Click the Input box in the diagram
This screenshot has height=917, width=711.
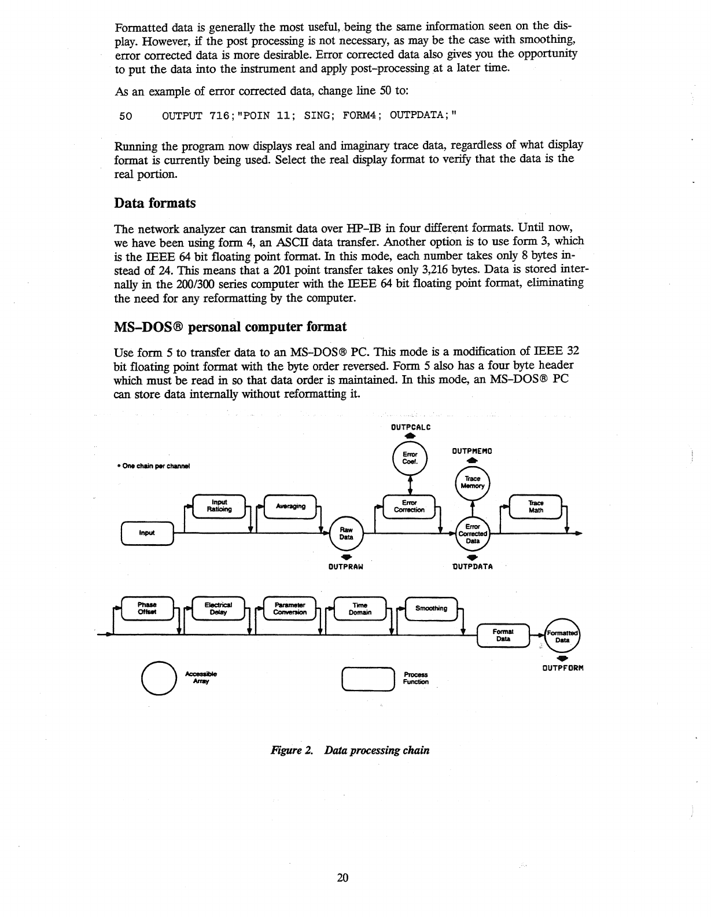(x=148, y=533)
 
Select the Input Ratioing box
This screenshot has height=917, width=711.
(x=219, y=506)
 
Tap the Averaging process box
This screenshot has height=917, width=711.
(x=290, y=506)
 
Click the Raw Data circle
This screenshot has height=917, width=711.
(x=346, y=533)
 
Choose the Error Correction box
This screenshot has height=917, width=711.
(x=409, y=506)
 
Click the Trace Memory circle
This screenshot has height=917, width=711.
(x=473, y=483)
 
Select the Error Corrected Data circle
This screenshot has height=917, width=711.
(x=473, y=533)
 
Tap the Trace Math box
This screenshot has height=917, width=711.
(x=536, y=506)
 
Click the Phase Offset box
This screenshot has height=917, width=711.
(x=148, y=608)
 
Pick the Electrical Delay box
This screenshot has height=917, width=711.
(x=219, y=608)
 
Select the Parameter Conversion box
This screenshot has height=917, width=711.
(x=290, y=608)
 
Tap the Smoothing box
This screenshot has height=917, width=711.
(x=431, y=608)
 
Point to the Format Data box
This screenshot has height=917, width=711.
(x=503, y=635)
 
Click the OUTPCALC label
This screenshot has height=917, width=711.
(x=410, y=427)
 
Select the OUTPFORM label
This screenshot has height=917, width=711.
(x=562, y=667)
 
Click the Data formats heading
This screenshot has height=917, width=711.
(x=155, y=203)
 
